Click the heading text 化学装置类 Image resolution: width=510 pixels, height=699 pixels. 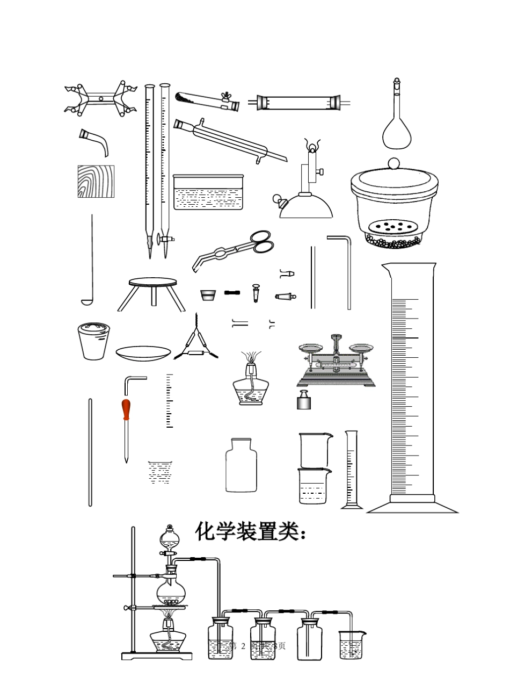pos(250,531)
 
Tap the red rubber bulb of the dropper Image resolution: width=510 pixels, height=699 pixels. pos(126,410)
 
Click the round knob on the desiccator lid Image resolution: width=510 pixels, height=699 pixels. pos(394,163)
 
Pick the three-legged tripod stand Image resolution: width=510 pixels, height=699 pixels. pos(152,292)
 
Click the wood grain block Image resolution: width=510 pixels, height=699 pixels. pos(96,181)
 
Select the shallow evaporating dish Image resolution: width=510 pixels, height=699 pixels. pos(143,353)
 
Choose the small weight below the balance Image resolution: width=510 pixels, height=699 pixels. pos(304,401)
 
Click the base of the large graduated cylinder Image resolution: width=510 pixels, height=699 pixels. pos(412,506)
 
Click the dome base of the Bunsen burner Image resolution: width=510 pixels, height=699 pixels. pos(306,206)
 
